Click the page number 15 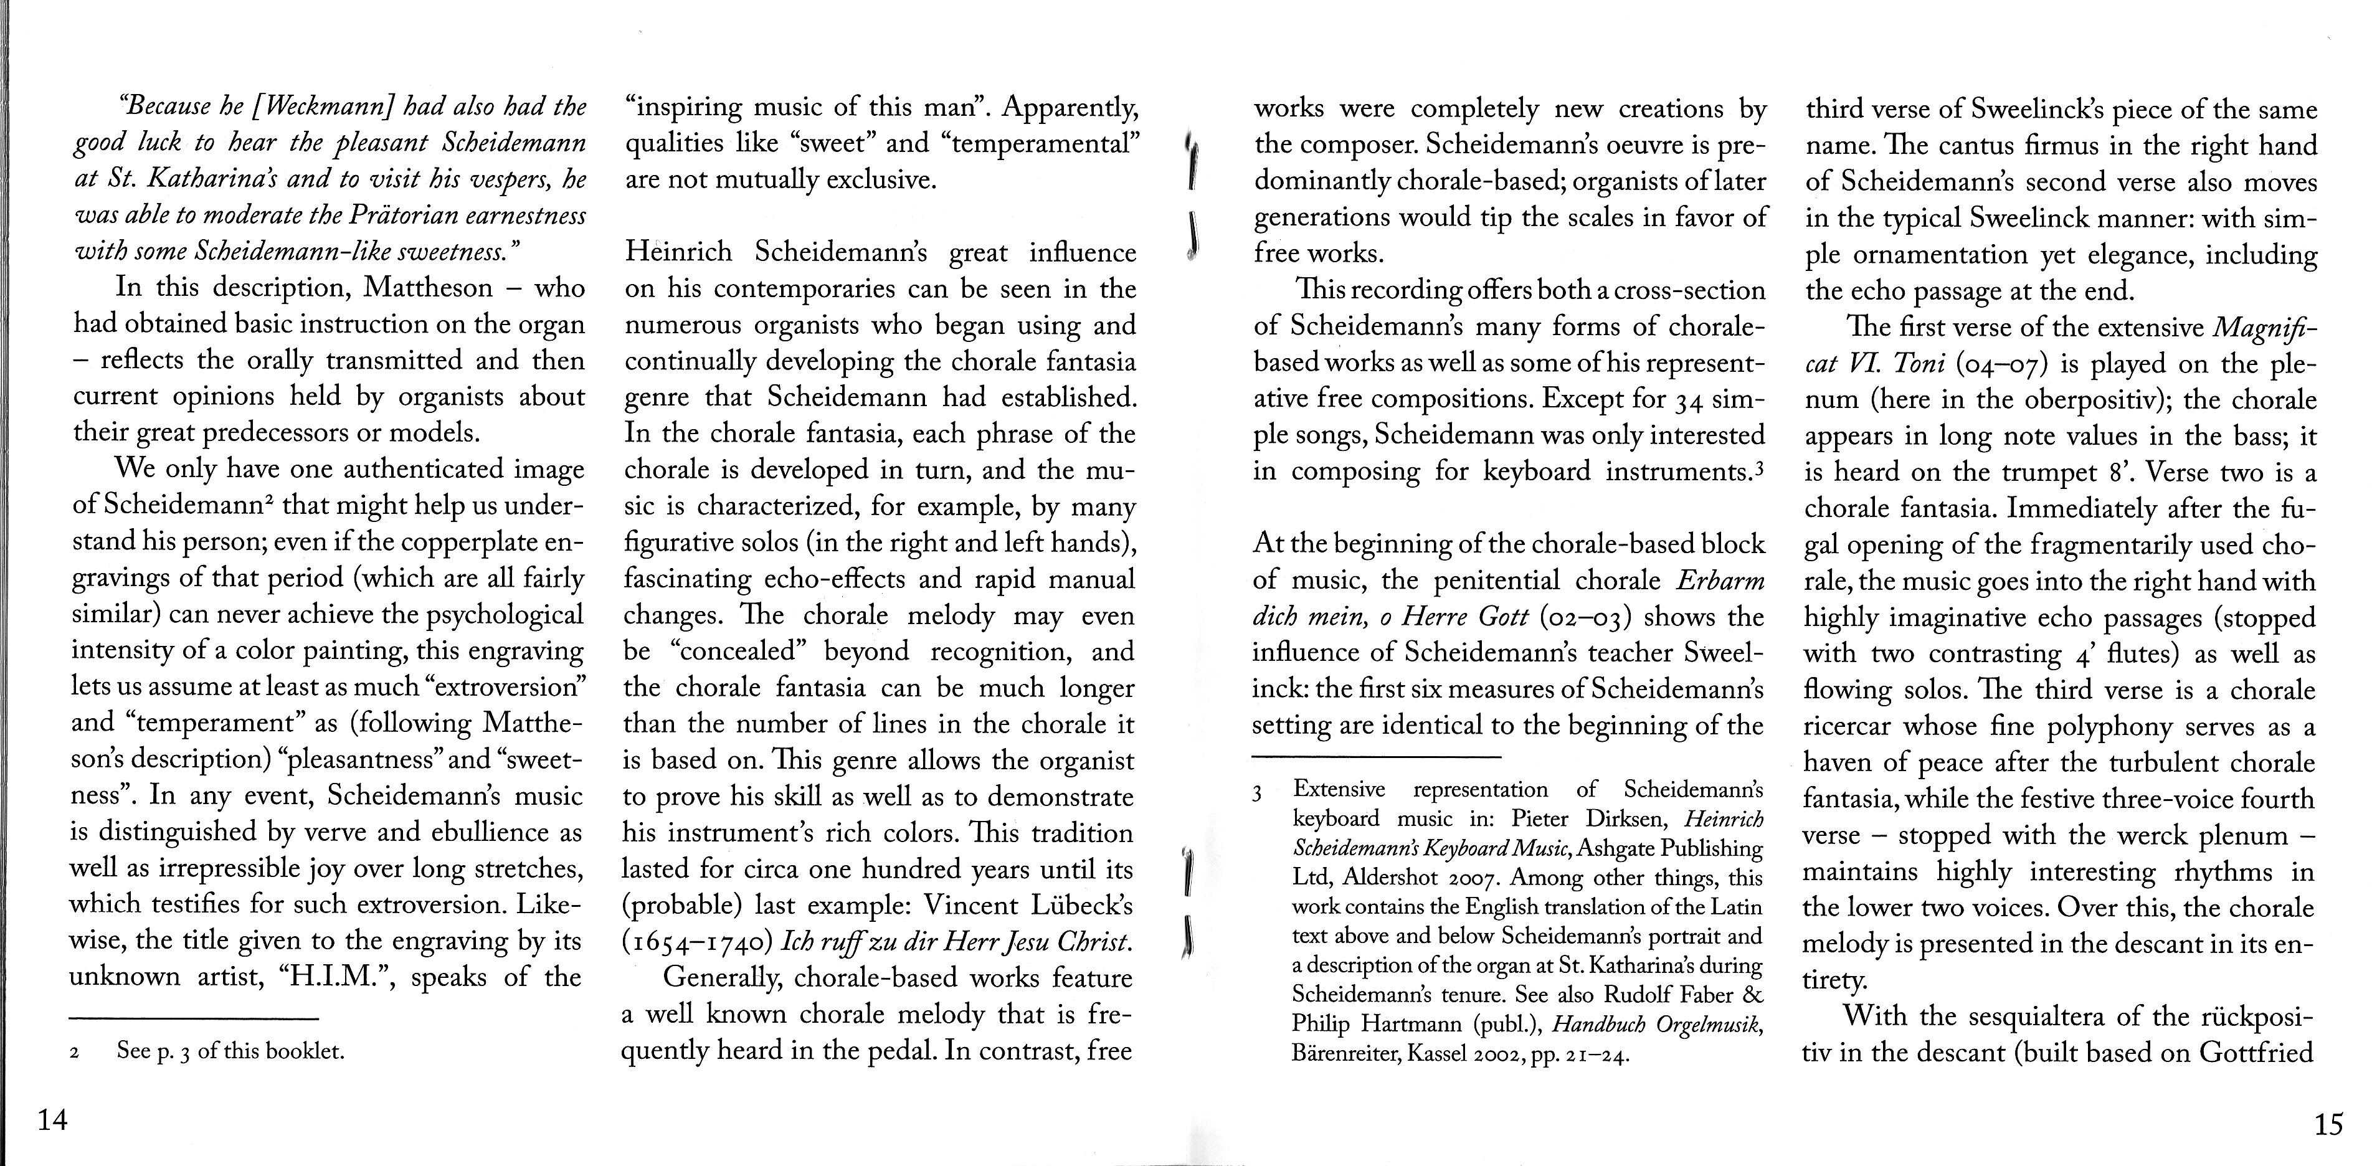point(2327,1124)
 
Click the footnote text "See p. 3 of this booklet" point(230,1051)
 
